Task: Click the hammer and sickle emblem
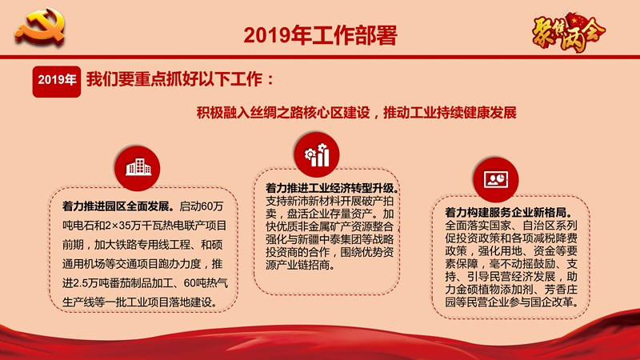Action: [41, 27]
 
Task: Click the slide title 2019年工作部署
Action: [321, 35]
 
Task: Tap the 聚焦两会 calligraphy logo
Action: [568, 33]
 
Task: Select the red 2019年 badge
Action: [57, 82]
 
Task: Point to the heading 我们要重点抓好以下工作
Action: [174, 79]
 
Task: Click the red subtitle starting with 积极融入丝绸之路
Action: [356, 112]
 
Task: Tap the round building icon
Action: [138, 168]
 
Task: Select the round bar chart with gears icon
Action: [317, 154]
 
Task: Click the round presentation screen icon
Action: [496, 179]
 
